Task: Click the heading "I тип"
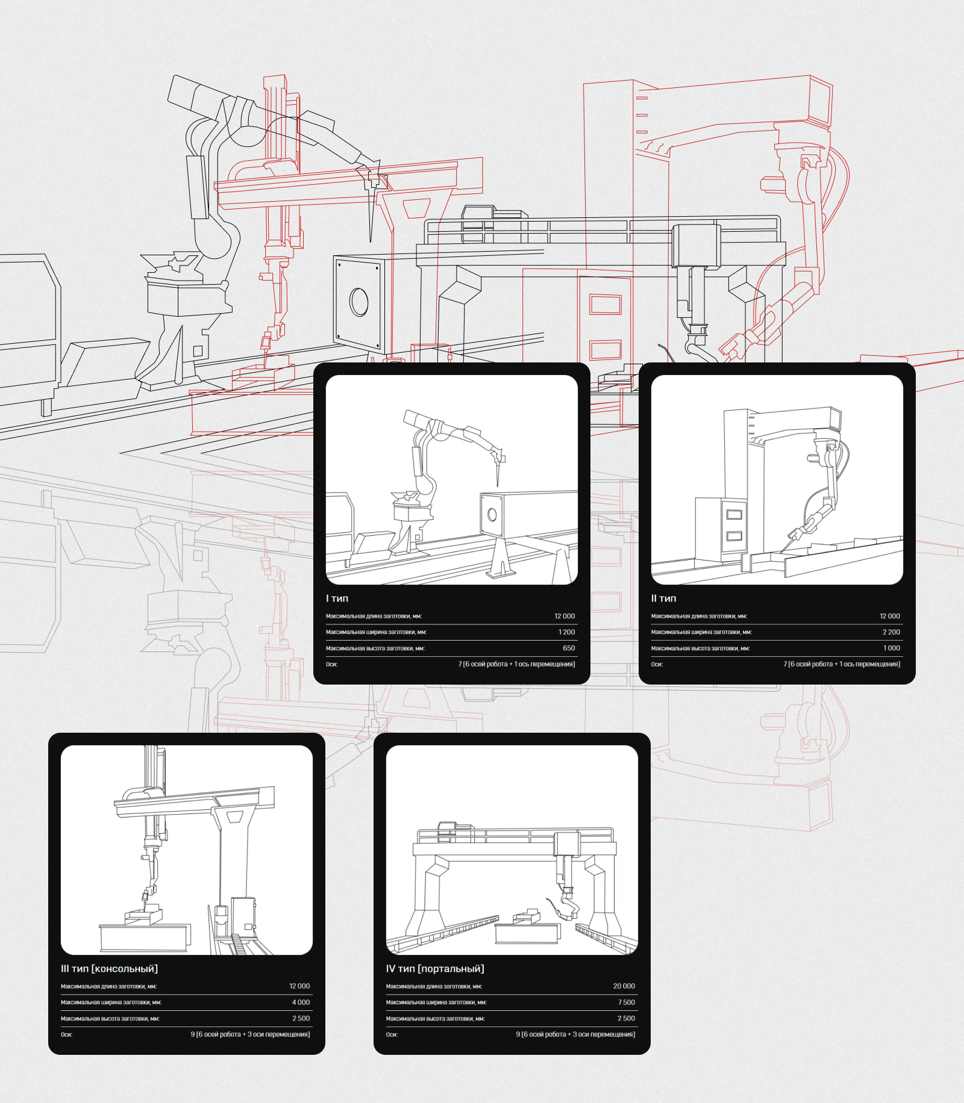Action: click(337, 598)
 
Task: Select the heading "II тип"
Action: click(663, 598)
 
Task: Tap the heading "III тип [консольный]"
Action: click(109, 969)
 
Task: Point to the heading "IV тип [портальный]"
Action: click(435, 969)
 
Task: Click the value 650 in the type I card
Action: click(569, 648)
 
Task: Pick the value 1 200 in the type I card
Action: click(566, 632)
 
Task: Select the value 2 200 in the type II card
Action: click(891, 632)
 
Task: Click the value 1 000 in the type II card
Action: click(892, 648)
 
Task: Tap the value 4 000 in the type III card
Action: click(301, 1002)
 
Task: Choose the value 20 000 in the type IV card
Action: click(624, 986)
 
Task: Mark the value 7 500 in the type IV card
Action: click(627, 1002)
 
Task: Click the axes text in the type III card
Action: click(250, 1034)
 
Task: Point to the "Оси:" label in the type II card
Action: click(657, 665)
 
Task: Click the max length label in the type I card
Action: click(374, 617)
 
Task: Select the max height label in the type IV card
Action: click(435, 1019)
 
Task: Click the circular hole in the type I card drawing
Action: click(492, 515)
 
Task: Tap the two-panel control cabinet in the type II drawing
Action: click(721, 529)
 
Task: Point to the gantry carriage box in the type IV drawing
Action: click(567, 844)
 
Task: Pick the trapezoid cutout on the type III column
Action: click(234, 817)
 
